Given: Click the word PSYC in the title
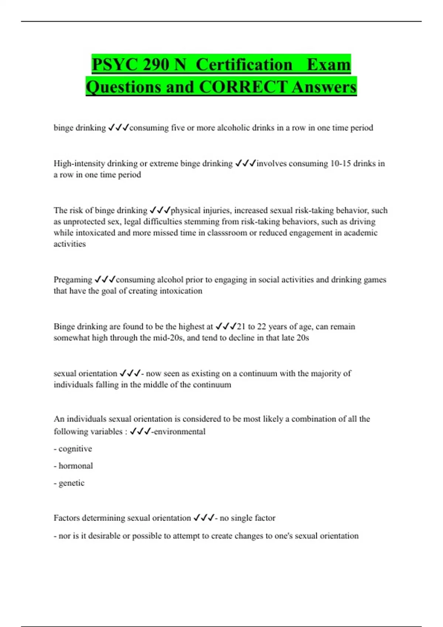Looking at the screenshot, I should [115, 65].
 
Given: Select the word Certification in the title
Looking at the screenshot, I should [244, 65].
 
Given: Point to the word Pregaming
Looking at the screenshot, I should [73, 280].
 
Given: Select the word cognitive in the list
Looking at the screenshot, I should [75, 449].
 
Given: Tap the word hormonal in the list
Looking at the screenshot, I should [76, 466].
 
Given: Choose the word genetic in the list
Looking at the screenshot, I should [72, 483].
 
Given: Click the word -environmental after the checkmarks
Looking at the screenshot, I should [178, 432].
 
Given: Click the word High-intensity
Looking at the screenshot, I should [79, 163].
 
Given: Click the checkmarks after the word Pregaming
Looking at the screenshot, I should [105, 280].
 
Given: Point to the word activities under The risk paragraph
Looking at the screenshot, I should [69, 244].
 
